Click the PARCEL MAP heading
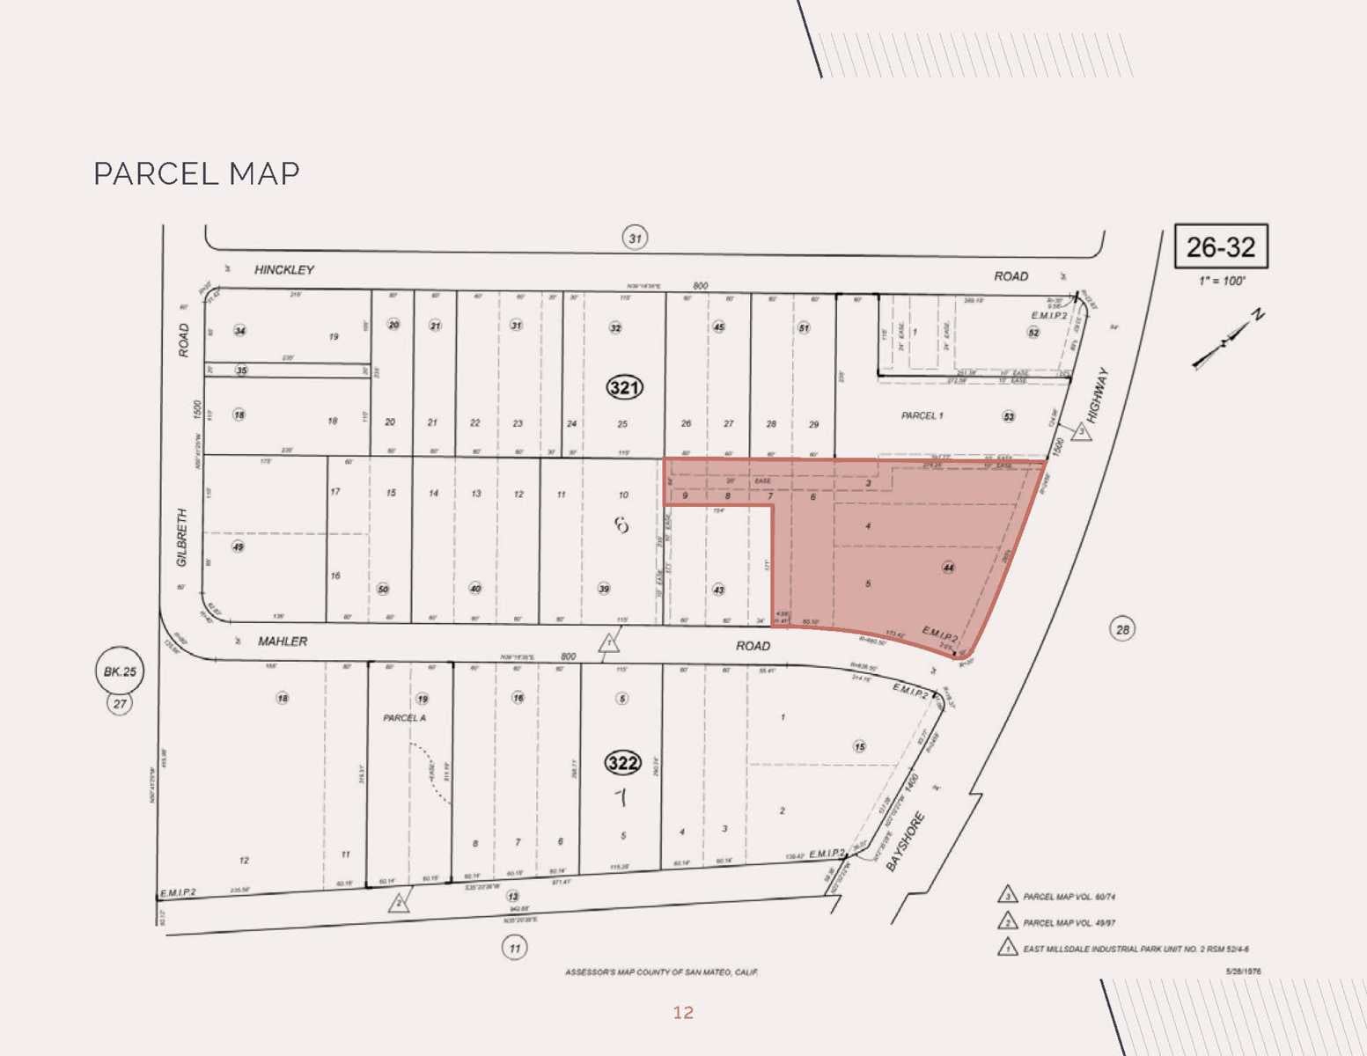point(196,173)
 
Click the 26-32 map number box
point(1221,247)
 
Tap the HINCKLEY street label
point(283,269)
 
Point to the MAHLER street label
point(283,642)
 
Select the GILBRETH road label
point(182,537)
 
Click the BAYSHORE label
point(906,842)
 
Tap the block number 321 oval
point(623,387)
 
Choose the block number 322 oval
point(622,762)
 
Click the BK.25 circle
point(120,671)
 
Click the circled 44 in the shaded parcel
point(948,568)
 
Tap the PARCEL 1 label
point(922,415)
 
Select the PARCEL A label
point(404,718)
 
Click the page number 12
point(683,1013)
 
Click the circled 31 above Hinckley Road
point(635,238)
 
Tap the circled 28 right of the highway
point(1122,629)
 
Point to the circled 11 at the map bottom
point(514,948)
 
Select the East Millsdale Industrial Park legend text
point(1135,950)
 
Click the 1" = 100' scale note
point(1222,281)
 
